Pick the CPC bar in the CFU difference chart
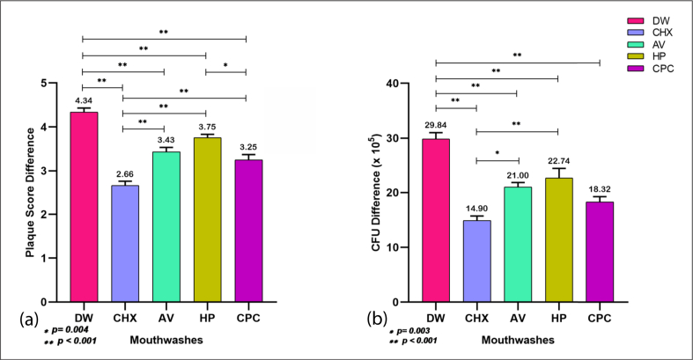pyautogui.click(x=599, y=252)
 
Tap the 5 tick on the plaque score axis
pyautogui.click(x=56, y=84)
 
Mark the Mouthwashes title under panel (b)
pyautogui.click(x=518, y=337)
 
